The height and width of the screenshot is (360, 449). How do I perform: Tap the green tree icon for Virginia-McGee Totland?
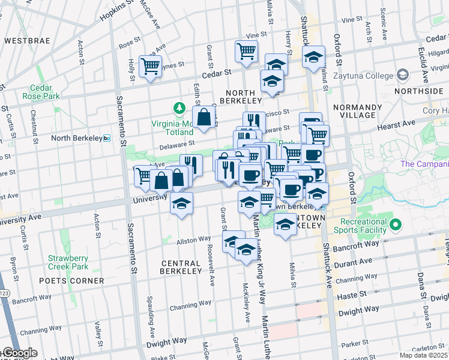pyautogui.click(x=178, y=109)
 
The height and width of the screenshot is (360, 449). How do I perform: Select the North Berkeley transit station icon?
pyautogui.click(x=107, y=138)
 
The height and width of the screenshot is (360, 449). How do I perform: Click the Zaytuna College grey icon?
pyautogui.click(x=402, y=76)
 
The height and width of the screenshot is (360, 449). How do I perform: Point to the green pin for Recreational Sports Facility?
pyautogui.click(x=395, y=226)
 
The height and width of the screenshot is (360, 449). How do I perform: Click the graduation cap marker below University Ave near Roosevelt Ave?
pyautogui.click(x=181, y=203)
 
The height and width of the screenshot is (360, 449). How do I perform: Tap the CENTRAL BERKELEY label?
pyautogui.click(x=181, y=267)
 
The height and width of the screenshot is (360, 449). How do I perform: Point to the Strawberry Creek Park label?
pyautogui.click(x=68, y=262)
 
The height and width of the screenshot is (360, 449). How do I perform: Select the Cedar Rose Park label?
pyautogui.click(x=41, y=91)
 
